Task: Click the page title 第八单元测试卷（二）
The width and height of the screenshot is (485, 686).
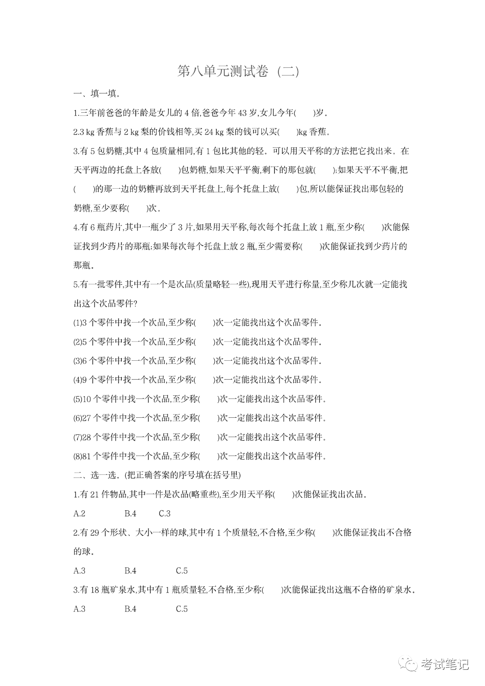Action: [238, 71]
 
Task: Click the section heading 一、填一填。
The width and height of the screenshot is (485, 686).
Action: [97, 94]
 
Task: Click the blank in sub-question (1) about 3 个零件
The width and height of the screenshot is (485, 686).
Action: [204, 323]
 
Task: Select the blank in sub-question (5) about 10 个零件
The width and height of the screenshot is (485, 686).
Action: [209, 399]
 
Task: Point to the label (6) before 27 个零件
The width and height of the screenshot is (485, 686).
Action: [77, 418]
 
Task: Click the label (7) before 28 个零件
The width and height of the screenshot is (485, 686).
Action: [77, 437]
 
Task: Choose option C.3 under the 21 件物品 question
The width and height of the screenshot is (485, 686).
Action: [164, 513]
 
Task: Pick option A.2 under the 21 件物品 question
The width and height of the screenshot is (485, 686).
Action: [79, 513]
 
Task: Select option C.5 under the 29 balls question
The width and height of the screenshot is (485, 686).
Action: [181, 571]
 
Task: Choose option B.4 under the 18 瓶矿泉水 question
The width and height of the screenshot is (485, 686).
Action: [130, 609]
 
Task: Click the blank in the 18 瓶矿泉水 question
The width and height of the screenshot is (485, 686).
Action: [272, 590]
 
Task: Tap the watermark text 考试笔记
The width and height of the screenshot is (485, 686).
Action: [445, 664]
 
